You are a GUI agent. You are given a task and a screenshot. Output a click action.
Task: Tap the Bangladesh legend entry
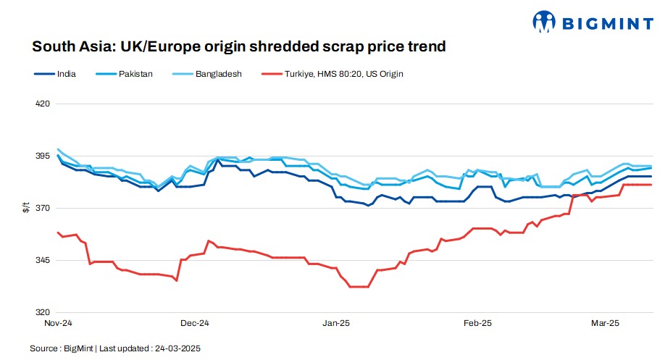(218, 73)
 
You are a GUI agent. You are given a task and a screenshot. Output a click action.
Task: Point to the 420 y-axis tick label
(42, 104)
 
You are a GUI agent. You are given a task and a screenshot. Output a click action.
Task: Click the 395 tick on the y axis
(42, 156)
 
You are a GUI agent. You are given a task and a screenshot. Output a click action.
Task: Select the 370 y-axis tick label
(42, 208)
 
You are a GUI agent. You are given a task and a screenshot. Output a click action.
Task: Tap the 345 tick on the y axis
(42, 260)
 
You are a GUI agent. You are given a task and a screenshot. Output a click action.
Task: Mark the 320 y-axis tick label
(42, 312)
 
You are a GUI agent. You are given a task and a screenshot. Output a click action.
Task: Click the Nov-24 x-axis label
(58, 323)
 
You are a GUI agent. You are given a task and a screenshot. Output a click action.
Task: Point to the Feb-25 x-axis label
(478, 323)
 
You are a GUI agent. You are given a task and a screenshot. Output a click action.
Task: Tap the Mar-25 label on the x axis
(606, 323)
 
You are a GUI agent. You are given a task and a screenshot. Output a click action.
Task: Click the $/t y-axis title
(25, 208)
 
